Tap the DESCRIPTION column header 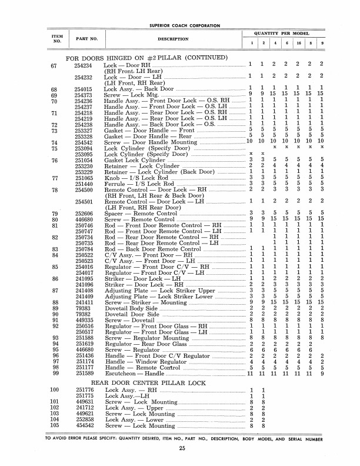172,39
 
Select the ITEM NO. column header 58,39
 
